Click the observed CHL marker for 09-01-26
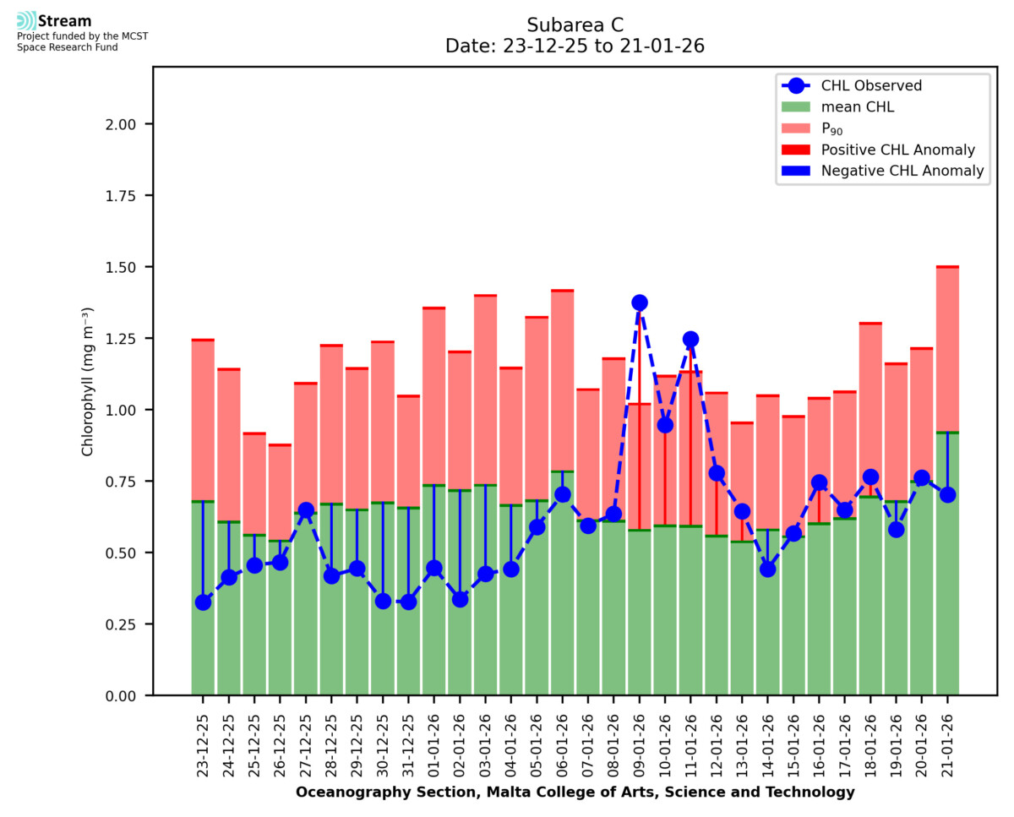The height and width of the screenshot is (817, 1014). [640, 302]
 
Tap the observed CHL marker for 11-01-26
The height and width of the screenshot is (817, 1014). [690, 340]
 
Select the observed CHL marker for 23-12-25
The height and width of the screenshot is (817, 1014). [203, 602]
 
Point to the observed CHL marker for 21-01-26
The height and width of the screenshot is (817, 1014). [947, 494]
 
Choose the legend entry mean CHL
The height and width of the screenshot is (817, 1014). [858, 106]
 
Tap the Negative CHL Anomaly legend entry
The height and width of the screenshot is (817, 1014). [902, 171]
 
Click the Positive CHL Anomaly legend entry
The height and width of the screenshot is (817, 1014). [898, 150]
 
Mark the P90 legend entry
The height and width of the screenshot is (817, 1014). [833, 128]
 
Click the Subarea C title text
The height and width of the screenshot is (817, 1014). [575, 25]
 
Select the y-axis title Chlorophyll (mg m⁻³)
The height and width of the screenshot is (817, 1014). [88, 383]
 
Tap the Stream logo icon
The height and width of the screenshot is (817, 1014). [26, 21]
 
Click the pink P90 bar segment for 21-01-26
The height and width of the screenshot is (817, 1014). [947, 350]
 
